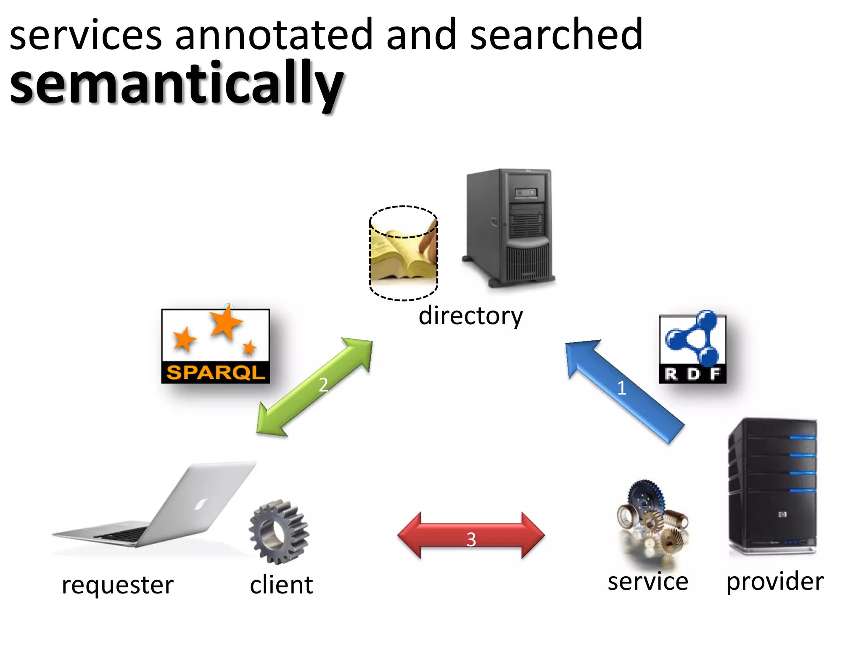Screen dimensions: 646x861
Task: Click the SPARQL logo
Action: (x=216, y=346)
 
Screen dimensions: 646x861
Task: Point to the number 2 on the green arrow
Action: (x=323, y=384)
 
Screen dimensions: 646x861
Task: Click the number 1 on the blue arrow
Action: (x=622, y=388)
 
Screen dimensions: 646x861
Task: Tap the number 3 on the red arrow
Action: (x=471, y=539)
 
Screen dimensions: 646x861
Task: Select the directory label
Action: (x=470, y=316)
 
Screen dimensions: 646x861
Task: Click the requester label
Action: (x=117, y=585)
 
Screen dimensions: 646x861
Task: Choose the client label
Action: (x=281, y=585)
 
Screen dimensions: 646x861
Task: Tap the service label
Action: (x=648, y=582)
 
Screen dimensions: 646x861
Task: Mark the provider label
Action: (x=775, y=582)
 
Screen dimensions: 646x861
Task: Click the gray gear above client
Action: (x=278, y=532)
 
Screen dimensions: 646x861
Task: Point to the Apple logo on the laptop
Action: (x=201, y=503)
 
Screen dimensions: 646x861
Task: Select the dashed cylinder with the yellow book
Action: (x=404, y=254)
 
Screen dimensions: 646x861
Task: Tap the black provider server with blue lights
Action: (x=773, y=486)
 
